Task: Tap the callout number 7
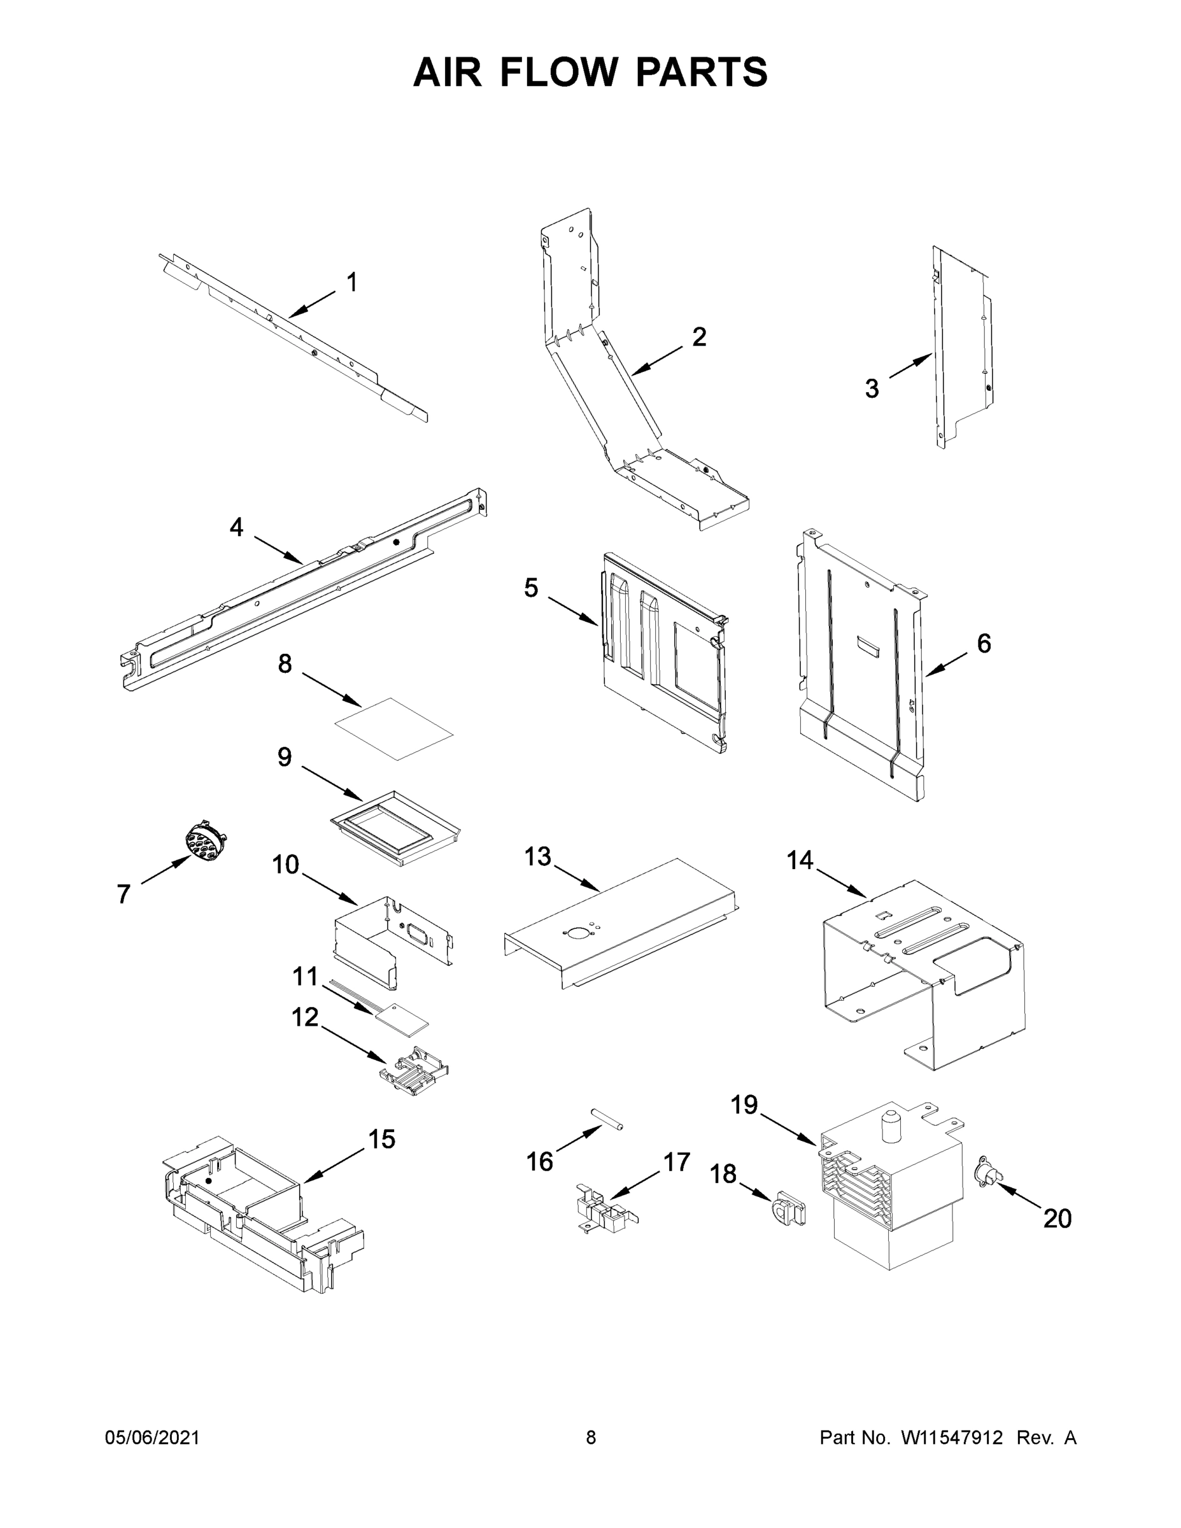click(x=124, y=894)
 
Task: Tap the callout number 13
click(x=538, y=856)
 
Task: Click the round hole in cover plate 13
click(x=577, y=933)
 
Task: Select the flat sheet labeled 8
click(x=394, y=728)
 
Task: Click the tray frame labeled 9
click(x=395, y=830)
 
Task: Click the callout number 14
click(x=800, y=860)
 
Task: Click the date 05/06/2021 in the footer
click(x=152, y=1438)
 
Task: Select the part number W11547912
click(x=952, y=1438)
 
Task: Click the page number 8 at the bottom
click(x=591, y=1438)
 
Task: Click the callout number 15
click(x=381, y=1139)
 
